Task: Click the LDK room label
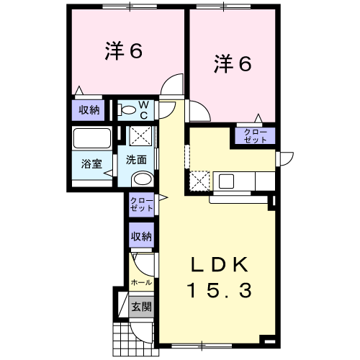(220, 264)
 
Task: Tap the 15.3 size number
(220, 290)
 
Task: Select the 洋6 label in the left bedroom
(124, 50)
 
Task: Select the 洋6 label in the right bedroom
(233, 63)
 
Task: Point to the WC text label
(144, 110)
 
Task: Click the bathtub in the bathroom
(92, 138)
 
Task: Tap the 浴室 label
(91, 163)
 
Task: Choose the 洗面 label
(136, 160)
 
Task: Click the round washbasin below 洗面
(143, 179)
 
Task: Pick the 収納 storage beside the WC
(89, 110)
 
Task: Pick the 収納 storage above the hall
(141, 236)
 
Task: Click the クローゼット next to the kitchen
(255, 135)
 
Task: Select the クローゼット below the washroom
(141, 204)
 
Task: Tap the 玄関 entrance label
(141, 307)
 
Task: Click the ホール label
(141, 282)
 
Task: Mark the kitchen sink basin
(226, 181)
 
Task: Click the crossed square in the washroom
(140, 136)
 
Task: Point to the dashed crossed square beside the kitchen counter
(199, 181)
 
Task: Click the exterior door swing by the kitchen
(287, 158)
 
